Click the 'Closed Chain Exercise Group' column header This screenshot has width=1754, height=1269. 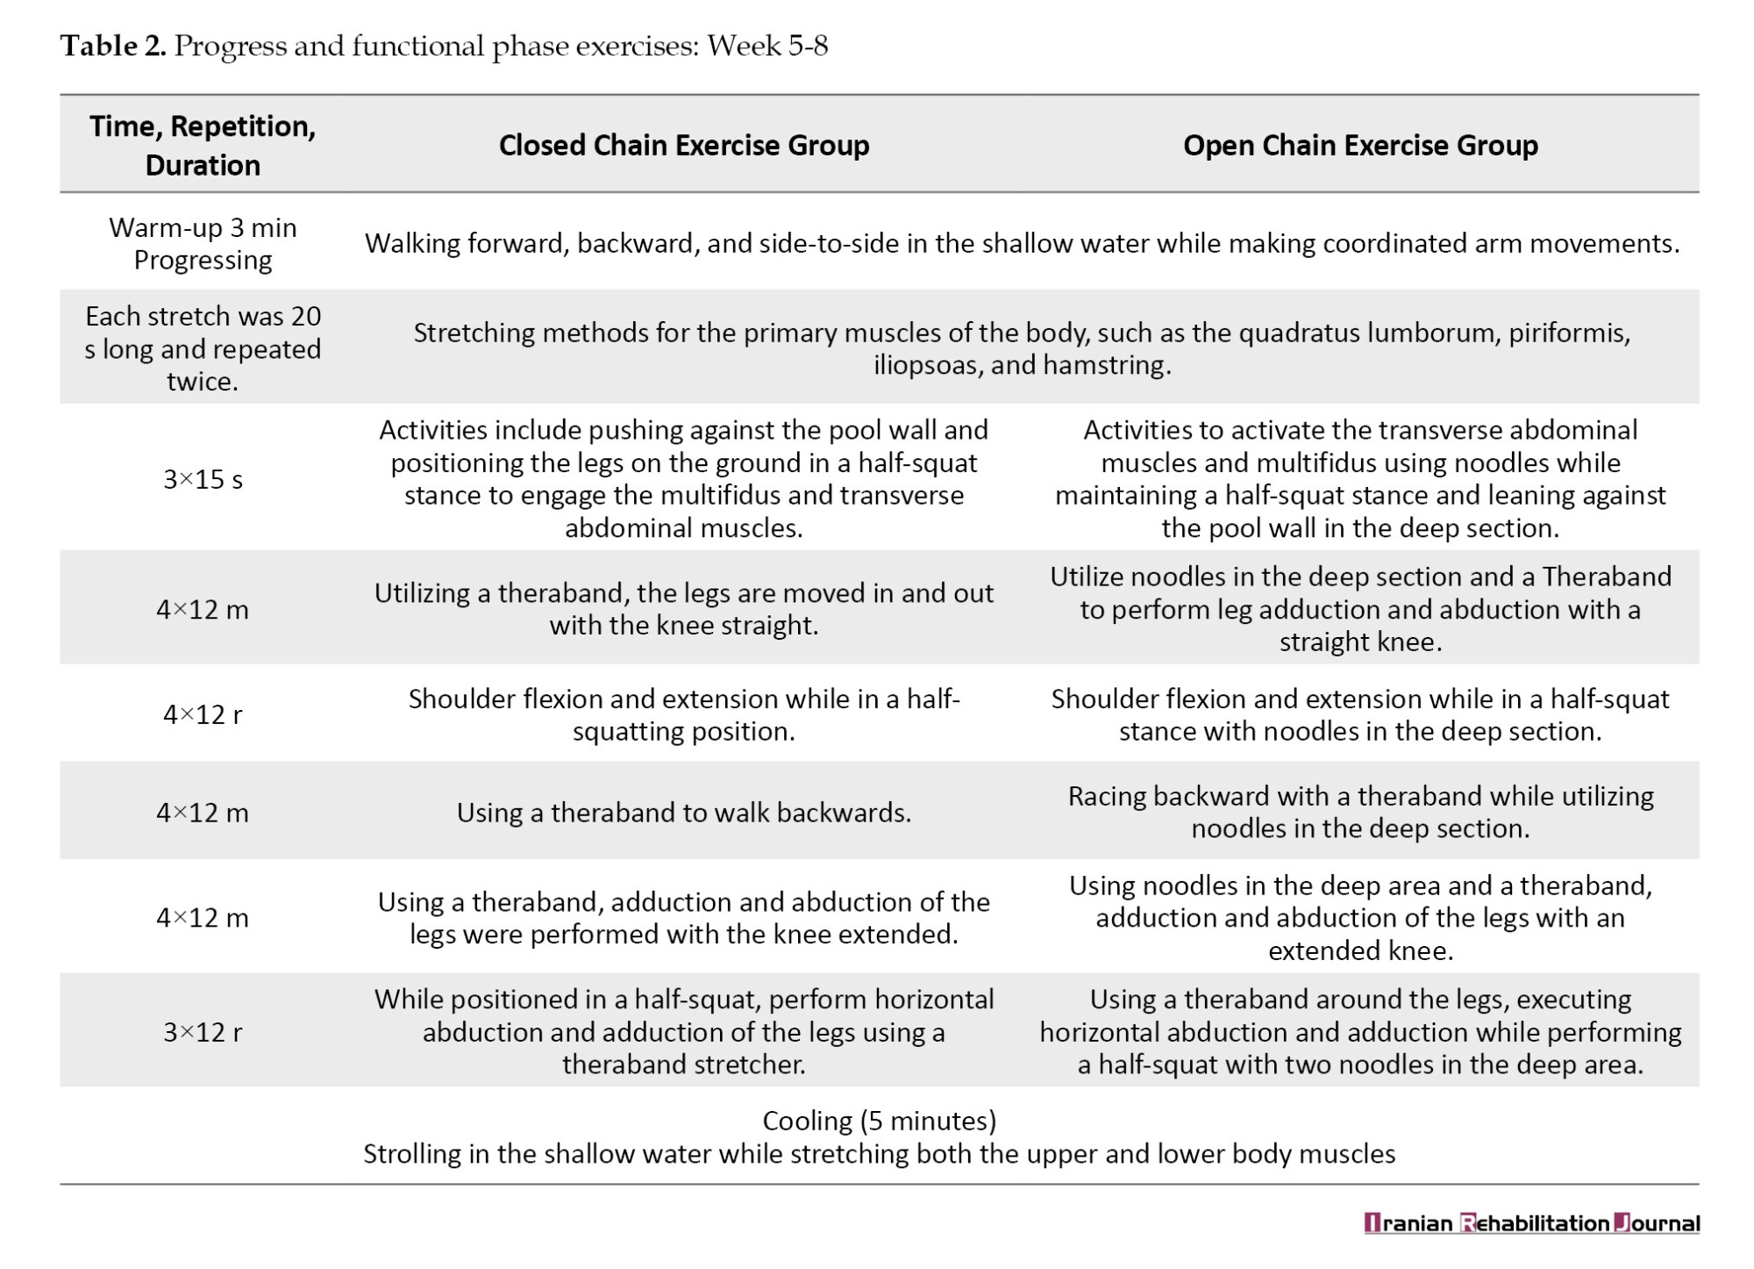pyautogui.click(x=683, y=145)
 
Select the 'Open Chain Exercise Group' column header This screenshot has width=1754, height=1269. pyautogui.click(x=1359, y=145)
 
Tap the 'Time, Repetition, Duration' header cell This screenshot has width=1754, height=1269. pyautogui.click(x=203, y=145)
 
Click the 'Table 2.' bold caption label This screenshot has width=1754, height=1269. pyautogui.click(x=113, y=46)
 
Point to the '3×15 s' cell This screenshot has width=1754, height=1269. pyautogui.click(x=203, y=479)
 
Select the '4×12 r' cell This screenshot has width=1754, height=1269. pyautogui.click(x=203, y=714)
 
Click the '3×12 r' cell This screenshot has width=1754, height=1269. pyautogui.click(x=203, y=1032)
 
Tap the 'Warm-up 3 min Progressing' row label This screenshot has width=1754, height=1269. pyautogui.click(x=203, y=243)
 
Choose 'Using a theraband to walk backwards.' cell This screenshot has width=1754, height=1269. pyautogui.click(x=683, y=813)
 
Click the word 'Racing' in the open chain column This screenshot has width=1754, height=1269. pyautogui.click(x=1106, y=797)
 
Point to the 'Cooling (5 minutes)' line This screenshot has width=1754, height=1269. pyautogui.click(x=879, y=1121)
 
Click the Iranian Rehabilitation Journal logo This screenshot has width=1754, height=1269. pyautogui.click(x=1531, y=1223)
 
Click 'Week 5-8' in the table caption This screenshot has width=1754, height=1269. pyautogui.click(x=767, y=46)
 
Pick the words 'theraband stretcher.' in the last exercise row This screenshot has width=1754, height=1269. pyautogui.click(x=683, y=1065)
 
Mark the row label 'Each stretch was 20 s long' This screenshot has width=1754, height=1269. pyautogui.click(x=203, y=333)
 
